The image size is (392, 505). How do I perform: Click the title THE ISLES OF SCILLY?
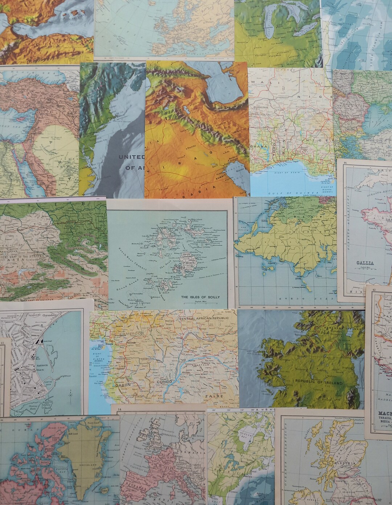point(200,297)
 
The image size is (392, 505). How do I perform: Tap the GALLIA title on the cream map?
point(365,263)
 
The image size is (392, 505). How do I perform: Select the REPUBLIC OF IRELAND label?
point(319,383)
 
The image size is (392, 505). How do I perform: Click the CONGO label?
point(165,382)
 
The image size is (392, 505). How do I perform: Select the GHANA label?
point(259,147)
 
